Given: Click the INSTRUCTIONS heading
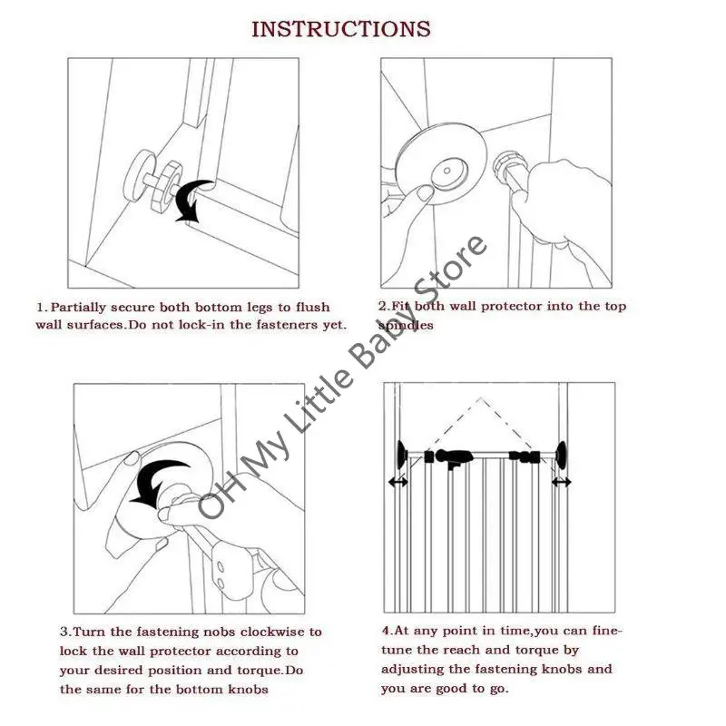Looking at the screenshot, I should coord(340,28).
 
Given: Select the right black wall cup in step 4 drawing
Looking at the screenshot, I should coord(564,453).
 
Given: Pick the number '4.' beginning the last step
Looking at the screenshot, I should coord(388,630).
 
